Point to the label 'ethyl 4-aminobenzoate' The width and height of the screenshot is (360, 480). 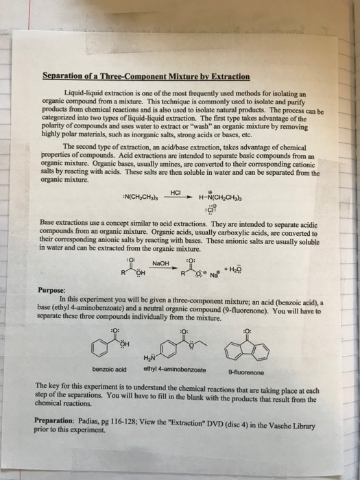[170, 370]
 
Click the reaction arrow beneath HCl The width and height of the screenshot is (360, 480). [174, 179]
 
